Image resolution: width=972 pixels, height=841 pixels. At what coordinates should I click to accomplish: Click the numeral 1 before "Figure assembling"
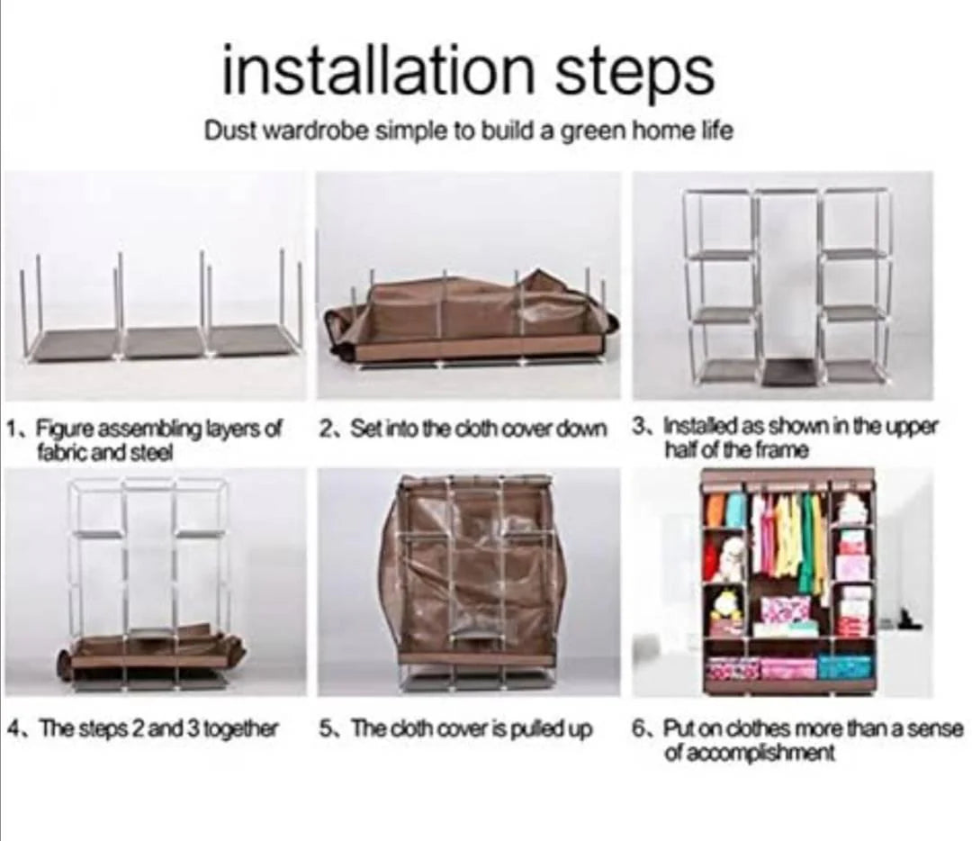pyautogui.click(x=12, y=428)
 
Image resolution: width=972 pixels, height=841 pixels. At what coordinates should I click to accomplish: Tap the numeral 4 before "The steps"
pyautogui.click(x=13, y=728)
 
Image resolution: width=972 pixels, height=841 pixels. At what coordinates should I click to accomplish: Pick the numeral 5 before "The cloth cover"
pyautogui.click(x=326, y=728)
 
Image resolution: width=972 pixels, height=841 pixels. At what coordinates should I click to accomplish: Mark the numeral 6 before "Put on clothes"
pyautogui.click(x=639, y=728)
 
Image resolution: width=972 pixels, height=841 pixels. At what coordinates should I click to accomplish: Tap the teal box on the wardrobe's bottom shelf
pyautogui.click(x=838, y=667)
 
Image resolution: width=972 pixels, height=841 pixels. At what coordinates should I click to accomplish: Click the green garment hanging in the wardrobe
pyautogui.click(x=808, y=542)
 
